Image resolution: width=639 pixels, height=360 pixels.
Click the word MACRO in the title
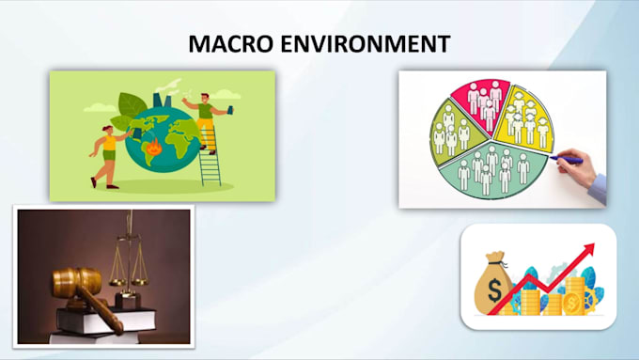230,43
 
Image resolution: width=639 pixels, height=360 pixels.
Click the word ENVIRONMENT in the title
366,43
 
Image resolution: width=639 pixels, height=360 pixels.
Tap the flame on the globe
154,147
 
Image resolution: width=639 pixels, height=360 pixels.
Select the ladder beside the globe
210,157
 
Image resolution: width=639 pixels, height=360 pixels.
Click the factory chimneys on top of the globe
162,100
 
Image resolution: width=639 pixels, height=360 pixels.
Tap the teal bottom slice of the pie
493,171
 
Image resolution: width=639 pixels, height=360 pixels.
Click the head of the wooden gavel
77,281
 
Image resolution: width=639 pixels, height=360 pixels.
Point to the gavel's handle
101,311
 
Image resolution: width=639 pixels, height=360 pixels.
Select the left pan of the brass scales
117,282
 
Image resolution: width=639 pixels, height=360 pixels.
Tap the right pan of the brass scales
140,281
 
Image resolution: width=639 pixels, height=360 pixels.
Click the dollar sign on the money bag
494,290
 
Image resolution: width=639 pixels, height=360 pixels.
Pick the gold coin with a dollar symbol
572,303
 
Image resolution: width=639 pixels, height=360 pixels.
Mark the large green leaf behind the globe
132,105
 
